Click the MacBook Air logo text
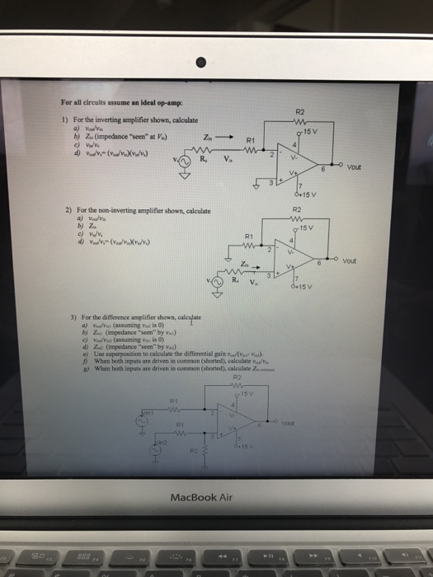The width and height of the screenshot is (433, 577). pyautogui.click(x=217, y=497)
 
